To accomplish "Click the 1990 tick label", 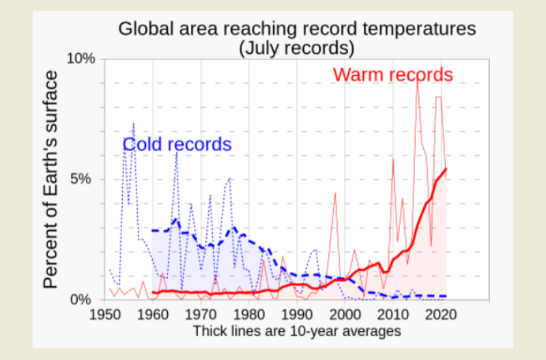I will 297,315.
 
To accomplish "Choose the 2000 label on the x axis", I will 345,315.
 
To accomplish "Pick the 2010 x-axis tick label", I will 393,315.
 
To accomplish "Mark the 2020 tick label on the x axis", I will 441,315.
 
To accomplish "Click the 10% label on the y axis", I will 81,59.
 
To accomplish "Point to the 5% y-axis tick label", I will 85,179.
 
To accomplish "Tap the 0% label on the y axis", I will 85,300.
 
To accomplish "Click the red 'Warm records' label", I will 392,74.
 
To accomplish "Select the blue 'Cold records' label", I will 177,145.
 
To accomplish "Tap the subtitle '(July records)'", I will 296,49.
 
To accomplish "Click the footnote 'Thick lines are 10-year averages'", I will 296,331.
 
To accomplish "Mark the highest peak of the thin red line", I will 418,80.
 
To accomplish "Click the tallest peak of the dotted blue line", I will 133,124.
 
